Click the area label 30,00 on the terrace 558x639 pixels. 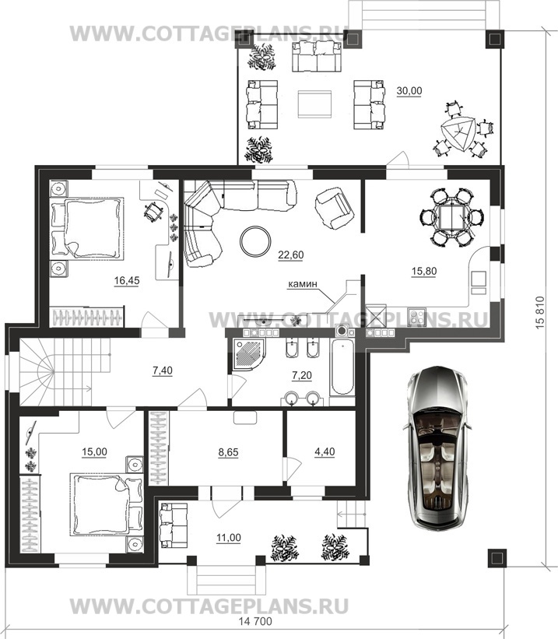(x=409, y=91)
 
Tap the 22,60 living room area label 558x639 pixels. (x=290, y=255)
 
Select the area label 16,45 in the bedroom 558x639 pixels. (x=127, y=280)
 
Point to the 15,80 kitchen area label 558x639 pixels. (x=424, y=271)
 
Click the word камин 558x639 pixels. (x=303, y=284)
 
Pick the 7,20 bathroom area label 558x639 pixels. (x=302, y=375)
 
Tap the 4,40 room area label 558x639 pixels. (x=325, y=451)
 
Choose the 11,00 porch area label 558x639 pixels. (x=228, y=538)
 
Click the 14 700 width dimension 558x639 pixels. (x=254, y=633)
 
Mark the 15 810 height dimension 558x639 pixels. (x=540, y=313)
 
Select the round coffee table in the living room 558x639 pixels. (x=254, y=241)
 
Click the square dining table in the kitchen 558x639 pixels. (x=451, y=217)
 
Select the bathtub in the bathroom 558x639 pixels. (x=342, y=368)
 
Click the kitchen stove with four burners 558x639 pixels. (x=416, y=317)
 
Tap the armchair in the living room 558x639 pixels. (x=335, y=208)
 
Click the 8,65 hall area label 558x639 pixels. (x=228, y=452)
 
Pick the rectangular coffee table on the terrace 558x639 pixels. (x=314, y=104)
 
